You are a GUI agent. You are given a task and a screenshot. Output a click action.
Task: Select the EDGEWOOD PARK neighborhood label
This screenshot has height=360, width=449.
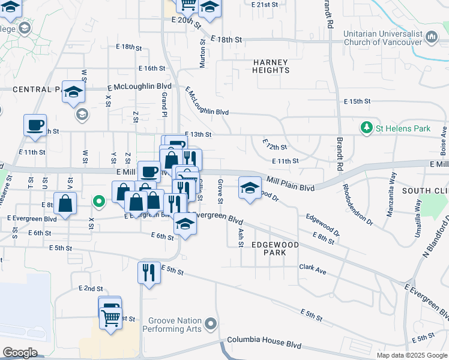tap(275, 249)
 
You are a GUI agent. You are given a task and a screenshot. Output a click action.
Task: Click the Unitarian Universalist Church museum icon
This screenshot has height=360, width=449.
tap(432, 37)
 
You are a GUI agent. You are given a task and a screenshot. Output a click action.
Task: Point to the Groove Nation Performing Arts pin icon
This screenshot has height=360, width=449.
tap(209, 325)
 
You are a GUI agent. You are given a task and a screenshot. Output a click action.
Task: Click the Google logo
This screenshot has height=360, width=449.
tap(20, 352)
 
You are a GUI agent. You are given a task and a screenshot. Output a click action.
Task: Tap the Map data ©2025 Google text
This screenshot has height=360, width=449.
tap(412, 355)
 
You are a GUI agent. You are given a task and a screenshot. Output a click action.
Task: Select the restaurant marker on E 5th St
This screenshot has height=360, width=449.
tap(148, 272)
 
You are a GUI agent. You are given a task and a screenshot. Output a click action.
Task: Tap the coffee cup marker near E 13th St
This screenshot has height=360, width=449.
tap(35, 125)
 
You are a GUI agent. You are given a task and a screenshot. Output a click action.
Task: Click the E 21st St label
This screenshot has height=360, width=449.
tap(267, 4)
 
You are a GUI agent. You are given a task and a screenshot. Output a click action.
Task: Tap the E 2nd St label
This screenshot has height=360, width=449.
tap(91, 289)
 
